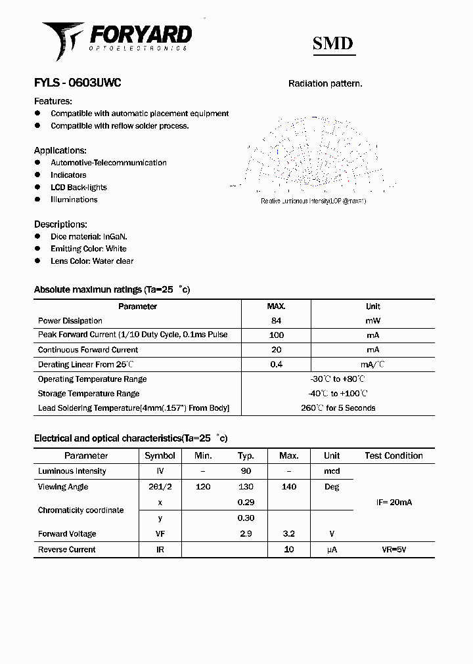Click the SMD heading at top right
coord(332,44)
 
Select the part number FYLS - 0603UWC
coord(78,83)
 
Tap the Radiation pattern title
coord(325,84)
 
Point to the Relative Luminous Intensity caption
coord(313,201)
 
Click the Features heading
coord(53,101)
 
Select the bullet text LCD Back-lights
coord(79,187)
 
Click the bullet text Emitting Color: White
coord(89,249)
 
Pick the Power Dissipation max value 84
coord(276,321)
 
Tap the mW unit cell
coord(372,321)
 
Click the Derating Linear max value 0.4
coord(276,364)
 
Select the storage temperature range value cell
coord(338,394)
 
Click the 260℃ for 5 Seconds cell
coord(338,408)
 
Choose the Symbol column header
coord(160,455)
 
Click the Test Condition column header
coord(394,455)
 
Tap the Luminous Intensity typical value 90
coord(246,471)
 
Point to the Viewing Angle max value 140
coord(288,487)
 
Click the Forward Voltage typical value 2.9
coord(246,534)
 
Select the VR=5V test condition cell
coord(394,550)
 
